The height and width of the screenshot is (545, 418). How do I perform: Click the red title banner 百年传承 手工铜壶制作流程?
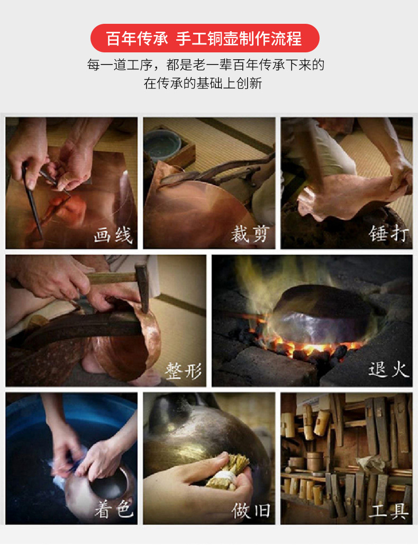click(x=205, y=38)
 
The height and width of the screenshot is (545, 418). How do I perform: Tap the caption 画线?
click(x=113, y=235)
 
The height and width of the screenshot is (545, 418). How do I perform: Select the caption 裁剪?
click(x=250, y=234)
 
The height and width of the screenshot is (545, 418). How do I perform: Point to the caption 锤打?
click(x=388, y=233)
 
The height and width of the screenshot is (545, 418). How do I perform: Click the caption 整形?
click(x=183, y=371)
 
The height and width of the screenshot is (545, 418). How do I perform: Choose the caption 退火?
click(x=389, y=369)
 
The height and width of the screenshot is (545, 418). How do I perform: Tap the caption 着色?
click(x=114, y=510)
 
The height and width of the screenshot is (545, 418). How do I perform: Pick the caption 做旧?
click(x=251, y=511)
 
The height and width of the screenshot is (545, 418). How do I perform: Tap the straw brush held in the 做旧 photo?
click(x=228, y=472)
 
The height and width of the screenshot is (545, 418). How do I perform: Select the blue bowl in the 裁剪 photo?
click(x=162, y=145)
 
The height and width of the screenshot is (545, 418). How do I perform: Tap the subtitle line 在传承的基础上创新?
click(x=203, y=84)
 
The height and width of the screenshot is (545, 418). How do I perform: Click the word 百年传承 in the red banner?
click(x=137, y=38)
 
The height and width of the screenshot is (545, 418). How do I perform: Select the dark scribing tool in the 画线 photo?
click(x=32, y=202)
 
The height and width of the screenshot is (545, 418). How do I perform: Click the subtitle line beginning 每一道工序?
click(x=205, y=65)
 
